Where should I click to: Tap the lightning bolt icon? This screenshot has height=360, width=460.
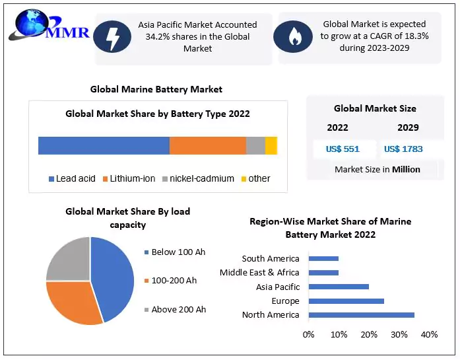click(x=112, y=39)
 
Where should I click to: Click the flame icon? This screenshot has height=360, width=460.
click(x=292, y=39)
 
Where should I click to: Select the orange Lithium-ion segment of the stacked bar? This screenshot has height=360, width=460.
click(x=207, y=145)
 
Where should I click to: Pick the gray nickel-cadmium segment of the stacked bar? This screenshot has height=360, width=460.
click(x=255, y=145)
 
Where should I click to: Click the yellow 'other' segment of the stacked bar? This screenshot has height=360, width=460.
click(x=271, y=145)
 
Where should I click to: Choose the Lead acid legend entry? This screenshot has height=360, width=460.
click(x=72, y=178)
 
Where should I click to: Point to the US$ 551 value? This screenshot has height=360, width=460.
click(x=343, y=149)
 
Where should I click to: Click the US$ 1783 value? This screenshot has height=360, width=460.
click(x=403, y=149)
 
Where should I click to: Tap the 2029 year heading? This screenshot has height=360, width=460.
click(x=408, y=127)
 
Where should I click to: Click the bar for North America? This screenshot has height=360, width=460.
click(x=361, y=314)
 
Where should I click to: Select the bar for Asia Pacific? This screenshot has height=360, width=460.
click(x=339, y=287)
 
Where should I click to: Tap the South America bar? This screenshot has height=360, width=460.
click(x=323, y=258)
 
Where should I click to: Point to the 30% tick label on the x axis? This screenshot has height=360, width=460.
click(x=399, y=334)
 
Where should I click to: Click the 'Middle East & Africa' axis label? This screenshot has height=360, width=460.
click(x=259, y=272)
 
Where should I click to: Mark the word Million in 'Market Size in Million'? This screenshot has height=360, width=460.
click(x=406, y=169)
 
